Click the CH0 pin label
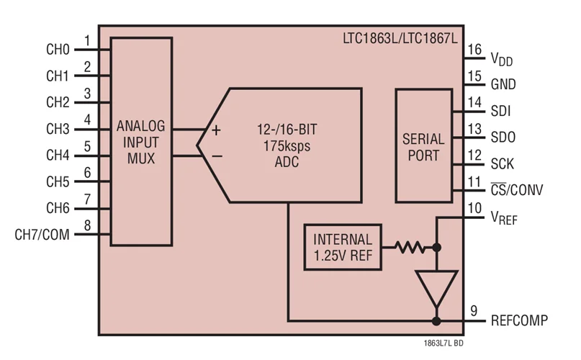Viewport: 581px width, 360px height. (x=57, y=50)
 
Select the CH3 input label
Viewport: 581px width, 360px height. (x=57, y=130)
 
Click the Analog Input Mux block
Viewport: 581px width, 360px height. (x=141, y=142)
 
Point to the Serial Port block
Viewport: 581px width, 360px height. (x=423, y=146)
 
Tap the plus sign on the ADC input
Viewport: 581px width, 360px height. (x=215, y=130)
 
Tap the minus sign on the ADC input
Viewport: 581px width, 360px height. (x=215, y=154)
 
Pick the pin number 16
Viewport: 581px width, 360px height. (x=473, y=49)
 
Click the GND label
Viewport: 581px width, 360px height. (x=503, y=84)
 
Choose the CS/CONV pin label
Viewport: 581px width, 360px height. (x=516, y=190)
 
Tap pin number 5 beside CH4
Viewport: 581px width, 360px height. (x=86, y=146)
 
